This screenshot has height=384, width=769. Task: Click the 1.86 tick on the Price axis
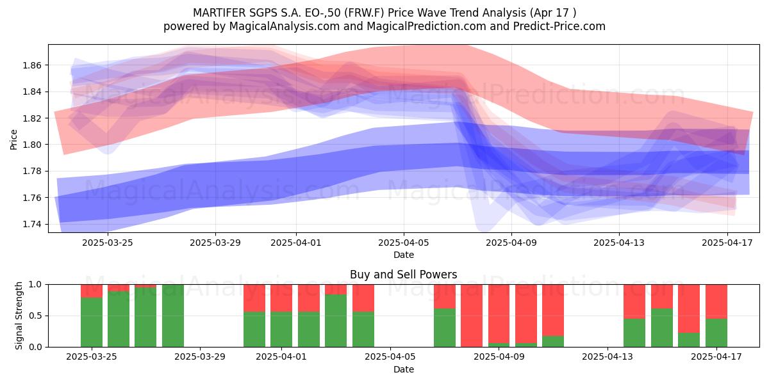(x=31, y=65)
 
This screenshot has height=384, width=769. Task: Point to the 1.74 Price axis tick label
(x=31, y=224)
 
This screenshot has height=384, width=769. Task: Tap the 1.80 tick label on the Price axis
(x=31, y=145)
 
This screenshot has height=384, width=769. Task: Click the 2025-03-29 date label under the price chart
(x=215, y=243)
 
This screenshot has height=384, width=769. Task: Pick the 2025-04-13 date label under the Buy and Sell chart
(x=608, y=356)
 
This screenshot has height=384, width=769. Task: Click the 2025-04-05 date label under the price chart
(x=404, y=243)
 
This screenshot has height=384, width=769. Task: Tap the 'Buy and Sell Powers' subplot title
(x=403, y=275)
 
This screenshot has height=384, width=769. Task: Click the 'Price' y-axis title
(x=13, y=140)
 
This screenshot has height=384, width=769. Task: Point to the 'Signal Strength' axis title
(x=19, y=316)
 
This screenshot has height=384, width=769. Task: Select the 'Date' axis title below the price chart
(x=404, y=255)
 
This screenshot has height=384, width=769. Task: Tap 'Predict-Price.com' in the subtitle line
(x=559, y=26)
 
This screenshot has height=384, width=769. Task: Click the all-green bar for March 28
(x=172, y=316)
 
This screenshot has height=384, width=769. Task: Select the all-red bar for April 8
(x=472, y=316)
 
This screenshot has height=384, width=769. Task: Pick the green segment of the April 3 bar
(x=336, y=321)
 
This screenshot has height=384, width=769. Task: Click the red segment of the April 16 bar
(x=689, y=308)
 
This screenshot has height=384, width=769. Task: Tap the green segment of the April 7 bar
(x=445, y=328)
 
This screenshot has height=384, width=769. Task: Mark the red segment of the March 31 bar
(x=254, y=298)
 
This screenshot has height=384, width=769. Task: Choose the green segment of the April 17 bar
(x=716, y=333)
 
